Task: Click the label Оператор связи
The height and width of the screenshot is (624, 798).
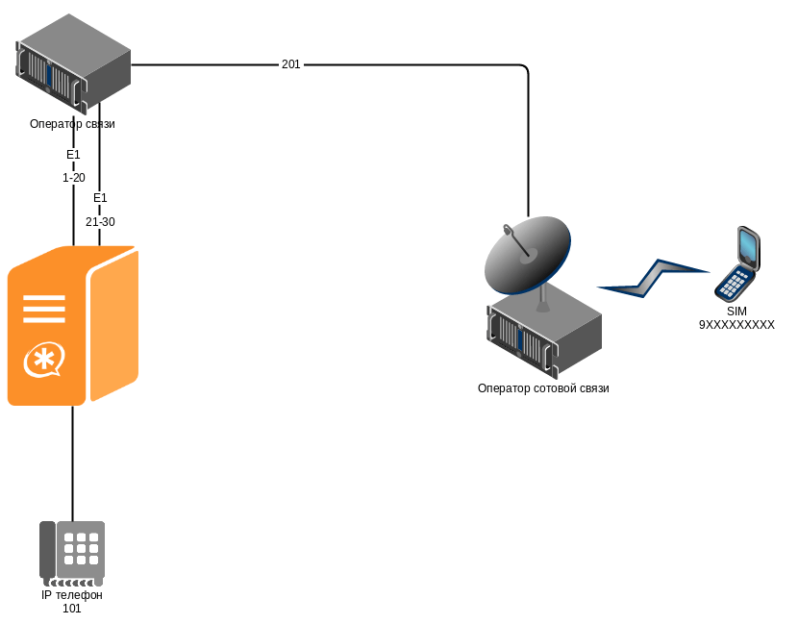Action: pyautogui.click(x=72, y=124)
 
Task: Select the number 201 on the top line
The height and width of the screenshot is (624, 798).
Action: pyautogui.click(x=290, y=64)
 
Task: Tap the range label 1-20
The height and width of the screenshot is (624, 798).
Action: pyautogui.click(x=74, y=178)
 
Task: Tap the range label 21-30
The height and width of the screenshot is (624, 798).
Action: pyautogui.click(x=100, y=222)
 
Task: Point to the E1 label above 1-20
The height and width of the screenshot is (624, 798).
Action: pyautogui.click(x=74, y=155)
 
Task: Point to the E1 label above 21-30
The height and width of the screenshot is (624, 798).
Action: pyautogui.click(x=100, y=198)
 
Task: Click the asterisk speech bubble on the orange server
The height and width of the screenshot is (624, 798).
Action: pyautogui.click(x=42, y=362)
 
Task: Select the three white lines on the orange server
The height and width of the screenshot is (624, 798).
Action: pyautogui.click(x=43, y=309)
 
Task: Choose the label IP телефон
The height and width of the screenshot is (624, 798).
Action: pyautogui.click(x=72, y=595)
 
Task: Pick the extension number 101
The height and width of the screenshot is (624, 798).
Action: pyautogui.click(x=72, y=609)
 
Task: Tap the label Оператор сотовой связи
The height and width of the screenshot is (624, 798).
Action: pyautogui.click(x=543, y=388)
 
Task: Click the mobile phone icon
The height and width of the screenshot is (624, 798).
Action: pyautogui.click(x=738, y=263)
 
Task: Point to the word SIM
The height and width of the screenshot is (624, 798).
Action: pyautogui.click(x=736, y=312)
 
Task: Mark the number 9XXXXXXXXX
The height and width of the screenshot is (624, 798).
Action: pyautogui.click(x=736, y=325)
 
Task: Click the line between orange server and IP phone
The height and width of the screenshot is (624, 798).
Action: pyautogui.click(x=72, y=462)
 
